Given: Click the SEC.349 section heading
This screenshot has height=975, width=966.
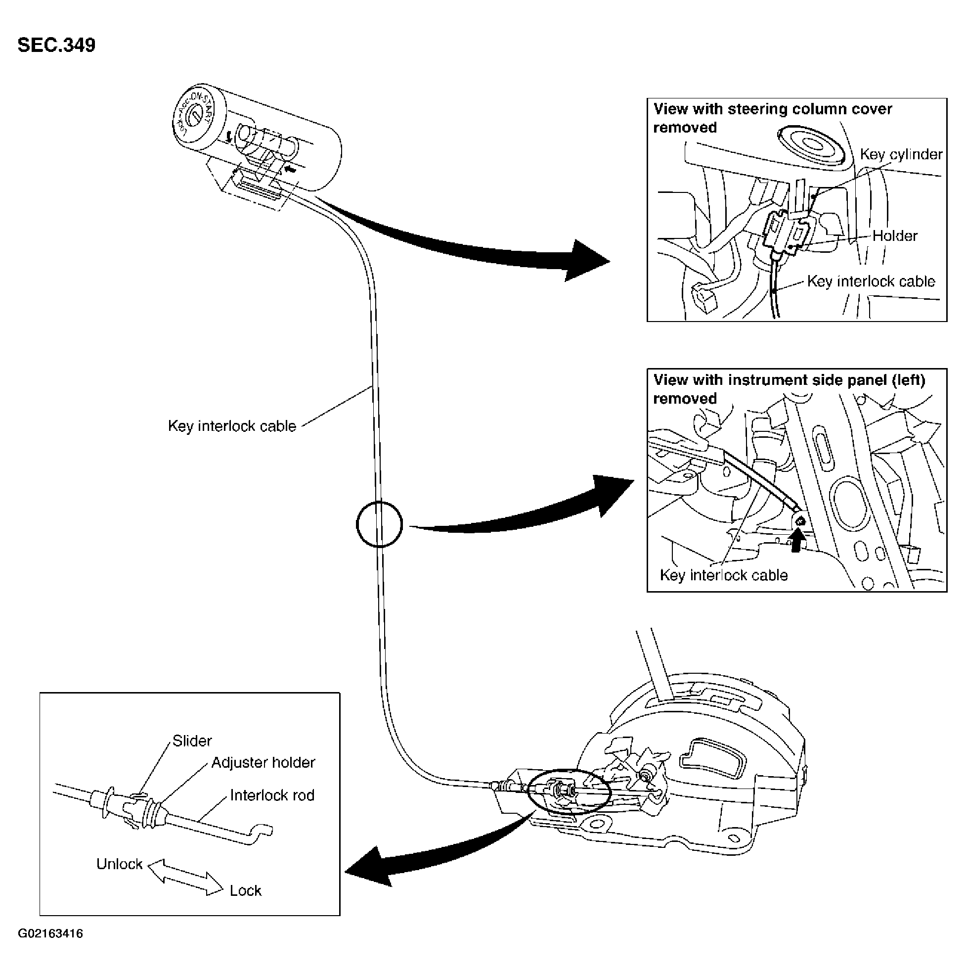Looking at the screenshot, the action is click(56, 45).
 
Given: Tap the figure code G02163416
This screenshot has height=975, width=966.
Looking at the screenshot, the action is click(50, 933).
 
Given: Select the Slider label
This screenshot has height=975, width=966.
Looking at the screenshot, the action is click(192, 741).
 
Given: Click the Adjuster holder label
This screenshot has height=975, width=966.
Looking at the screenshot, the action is click(263, 763).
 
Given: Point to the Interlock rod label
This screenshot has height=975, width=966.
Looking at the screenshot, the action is click(272, 795).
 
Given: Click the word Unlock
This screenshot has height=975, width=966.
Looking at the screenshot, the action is click(120, 864).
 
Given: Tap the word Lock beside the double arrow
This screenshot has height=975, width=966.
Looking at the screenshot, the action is click(246, 891).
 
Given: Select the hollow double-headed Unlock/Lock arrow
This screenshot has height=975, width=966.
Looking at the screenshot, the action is click(184, 878).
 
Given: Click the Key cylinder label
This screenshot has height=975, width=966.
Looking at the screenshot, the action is click(901, 154).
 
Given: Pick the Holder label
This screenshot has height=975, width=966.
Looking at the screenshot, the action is click(895, 235).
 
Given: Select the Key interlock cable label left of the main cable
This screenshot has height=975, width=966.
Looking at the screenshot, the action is click(232, 426).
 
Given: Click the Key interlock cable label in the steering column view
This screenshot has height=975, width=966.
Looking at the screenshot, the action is click(871, 281).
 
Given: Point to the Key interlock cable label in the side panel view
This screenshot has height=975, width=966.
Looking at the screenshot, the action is click(724, 575).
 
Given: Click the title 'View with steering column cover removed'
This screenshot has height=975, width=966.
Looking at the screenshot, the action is click(773, 118).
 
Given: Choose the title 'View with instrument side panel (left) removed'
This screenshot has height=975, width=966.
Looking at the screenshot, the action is click(790, 389).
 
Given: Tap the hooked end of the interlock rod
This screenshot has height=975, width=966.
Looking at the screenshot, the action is click(263, 830).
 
